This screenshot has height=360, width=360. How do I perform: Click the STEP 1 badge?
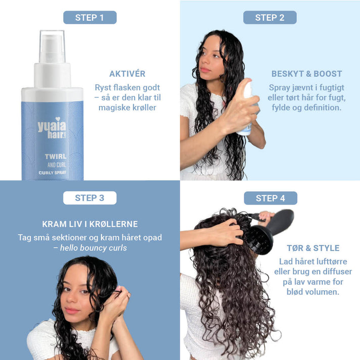pos(89,18)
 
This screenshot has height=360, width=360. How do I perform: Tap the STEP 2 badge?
pos(270,18)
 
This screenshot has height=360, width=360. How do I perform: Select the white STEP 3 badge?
pos(89,198)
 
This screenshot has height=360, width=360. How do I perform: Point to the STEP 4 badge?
pos(270,198)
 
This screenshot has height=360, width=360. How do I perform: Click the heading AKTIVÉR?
pos(127,74)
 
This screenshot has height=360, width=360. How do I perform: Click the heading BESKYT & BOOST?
pos(306,74)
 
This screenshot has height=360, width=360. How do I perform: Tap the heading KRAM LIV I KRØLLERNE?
pos(90,224)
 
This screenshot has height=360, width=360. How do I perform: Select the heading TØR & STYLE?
pos(313,248)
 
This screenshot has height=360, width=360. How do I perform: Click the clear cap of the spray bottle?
pos(53,46)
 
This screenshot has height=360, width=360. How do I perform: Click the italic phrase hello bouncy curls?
pos(93,248)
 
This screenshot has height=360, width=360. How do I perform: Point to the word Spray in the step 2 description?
pos(279,87)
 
